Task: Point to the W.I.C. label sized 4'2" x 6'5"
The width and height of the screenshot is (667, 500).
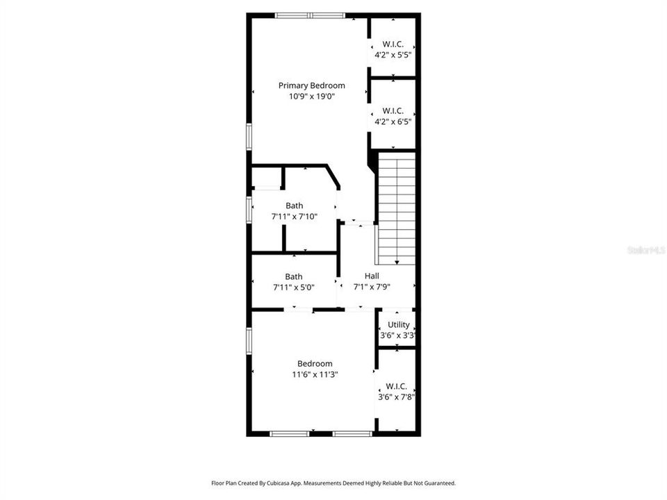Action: [x=393, y=110]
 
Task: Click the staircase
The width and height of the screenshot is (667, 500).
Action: [x=396, y=208]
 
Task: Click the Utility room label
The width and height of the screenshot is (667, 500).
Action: [x=398, y=324]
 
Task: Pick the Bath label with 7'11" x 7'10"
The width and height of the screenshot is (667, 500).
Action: [x=294, y=206]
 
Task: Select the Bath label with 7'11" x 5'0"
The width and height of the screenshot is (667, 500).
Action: [x=293, y=276]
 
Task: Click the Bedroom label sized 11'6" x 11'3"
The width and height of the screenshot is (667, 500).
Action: [x=315, y=363]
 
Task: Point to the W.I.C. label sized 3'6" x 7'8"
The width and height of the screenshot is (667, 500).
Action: [x=396, y=386]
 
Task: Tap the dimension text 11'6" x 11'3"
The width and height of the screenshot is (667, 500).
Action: [x=315, y=374]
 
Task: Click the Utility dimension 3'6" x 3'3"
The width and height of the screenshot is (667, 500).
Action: [x=397, y=335]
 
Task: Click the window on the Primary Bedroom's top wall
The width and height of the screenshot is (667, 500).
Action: [x=309, y=15]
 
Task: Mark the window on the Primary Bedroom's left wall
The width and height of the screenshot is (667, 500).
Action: [x=248, y=135]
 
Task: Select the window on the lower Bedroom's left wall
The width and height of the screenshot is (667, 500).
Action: [x=248, y=341]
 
